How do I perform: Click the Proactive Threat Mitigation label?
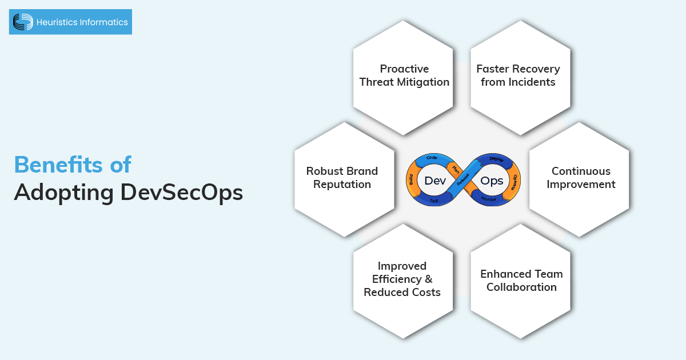click(x=404, y=75)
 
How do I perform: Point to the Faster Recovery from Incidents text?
click(x=518, y=75)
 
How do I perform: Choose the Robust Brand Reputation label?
click(x=342, y=178)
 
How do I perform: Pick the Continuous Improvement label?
click(x=581, y=178)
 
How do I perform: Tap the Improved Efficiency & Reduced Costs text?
click(x=402, y=279)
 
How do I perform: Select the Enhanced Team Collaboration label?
click(x=521, y=280)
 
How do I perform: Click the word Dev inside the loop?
click(x=435, y=181)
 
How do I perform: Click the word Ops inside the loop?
click(x=492, y=181)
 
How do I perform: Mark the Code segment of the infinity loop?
click(x=433, y=158)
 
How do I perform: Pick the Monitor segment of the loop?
click(x=488, y=199)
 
